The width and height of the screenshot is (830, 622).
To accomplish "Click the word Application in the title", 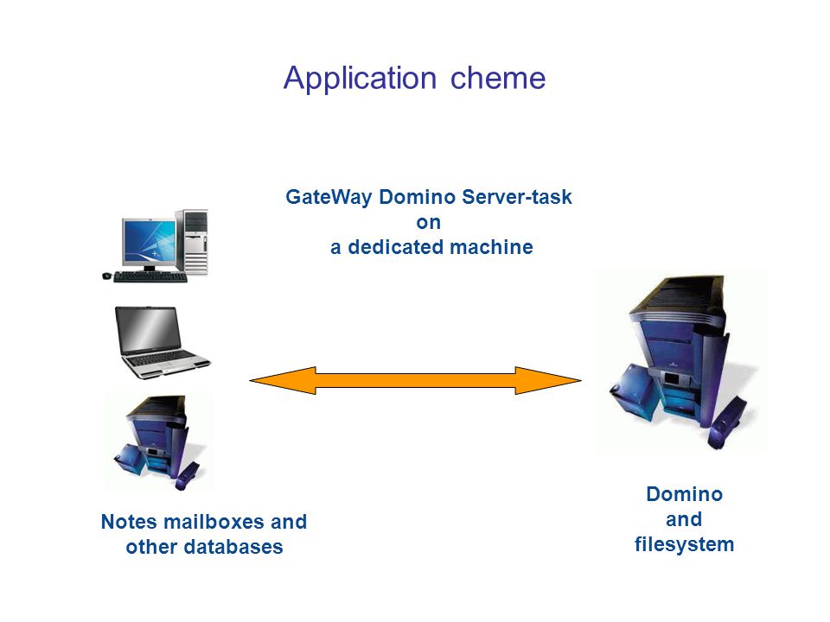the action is click(x=360, y=79).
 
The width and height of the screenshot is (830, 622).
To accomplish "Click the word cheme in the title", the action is click(x=498, y=79).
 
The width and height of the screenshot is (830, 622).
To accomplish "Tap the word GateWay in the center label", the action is click(x=329, y=197).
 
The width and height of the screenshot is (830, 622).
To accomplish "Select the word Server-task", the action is click(x=517, y=197).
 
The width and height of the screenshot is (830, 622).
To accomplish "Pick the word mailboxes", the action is click(x=214, y=522).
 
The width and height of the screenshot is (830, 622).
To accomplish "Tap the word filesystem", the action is click(x=684, y=545).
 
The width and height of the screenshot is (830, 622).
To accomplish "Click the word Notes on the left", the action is click(x=129, y=522).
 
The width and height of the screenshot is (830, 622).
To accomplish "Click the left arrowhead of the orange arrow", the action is click(x=283, y=381).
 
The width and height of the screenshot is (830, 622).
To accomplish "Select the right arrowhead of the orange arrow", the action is click(x=548, y=380).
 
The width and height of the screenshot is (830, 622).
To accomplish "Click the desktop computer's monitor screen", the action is click(x=149, y=241).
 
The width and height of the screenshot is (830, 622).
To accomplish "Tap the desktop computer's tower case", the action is click(x=192, y=242).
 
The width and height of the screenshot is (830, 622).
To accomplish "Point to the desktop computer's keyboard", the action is click(x=150, y=276).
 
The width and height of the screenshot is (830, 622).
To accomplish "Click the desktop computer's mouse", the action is click(x=106, y=276).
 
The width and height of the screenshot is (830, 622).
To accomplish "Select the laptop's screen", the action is click(x=148, y=330).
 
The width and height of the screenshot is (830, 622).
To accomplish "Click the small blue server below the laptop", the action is click(x=158, y=442).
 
